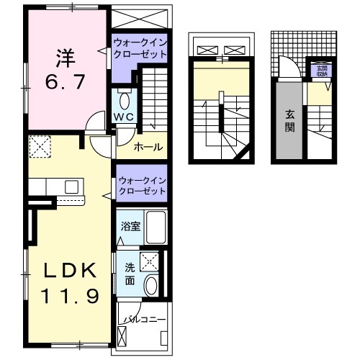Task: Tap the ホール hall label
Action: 148,148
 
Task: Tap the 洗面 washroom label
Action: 130,275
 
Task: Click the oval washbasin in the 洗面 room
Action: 150,285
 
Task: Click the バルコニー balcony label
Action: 144,318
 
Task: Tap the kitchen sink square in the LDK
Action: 71,186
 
